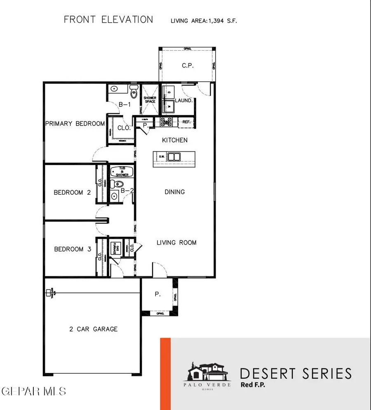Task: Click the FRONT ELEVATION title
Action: coord(108,19)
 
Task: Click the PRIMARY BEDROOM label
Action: coord(75,123)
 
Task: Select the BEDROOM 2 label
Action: coord(72,192)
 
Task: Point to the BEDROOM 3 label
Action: coord(72,249)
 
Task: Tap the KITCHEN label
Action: coord(175,140)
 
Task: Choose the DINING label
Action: coord(174,192)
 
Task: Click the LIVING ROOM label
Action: coord(176,243)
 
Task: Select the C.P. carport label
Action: coord(188,66)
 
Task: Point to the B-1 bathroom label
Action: coord(124,104)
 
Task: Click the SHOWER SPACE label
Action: coord(150,100)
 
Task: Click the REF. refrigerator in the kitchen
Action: coord(186,122)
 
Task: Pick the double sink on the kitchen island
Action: coord(175,157)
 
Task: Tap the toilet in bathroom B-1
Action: coord(133,90)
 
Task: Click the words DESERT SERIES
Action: coord(296,373)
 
